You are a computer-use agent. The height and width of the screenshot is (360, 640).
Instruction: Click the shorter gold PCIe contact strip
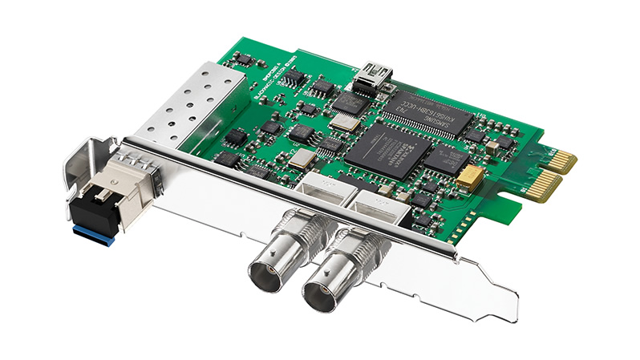[x=561, y=158]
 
